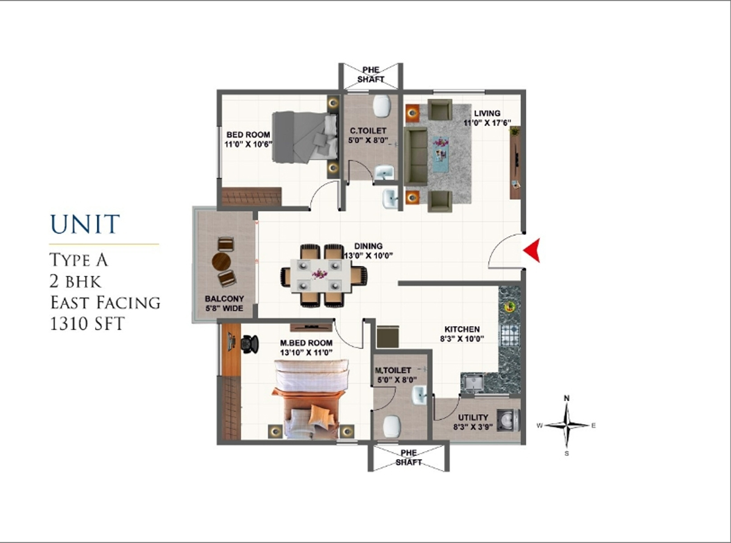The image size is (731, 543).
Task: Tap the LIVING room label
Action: tap(487, 113)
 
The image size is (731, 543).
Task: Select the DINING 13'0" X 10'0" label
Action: tap(369, 251)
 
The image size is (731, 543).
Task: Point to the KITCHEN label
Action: tap(462, 329)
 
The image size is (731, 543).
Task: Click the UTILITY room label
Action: tap(473, 417)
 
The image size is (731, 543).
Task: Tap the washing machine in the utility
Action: tap(508, 420)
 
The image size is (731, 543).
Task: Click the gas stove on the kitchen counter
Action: tap(510, 334)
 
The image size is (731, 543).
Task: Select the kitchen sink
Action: tap(473, 384)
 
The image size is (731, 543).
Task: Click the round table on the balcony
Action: tap(222, 262)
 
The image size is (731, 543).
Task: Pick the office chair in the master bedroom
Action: tap(250, 344)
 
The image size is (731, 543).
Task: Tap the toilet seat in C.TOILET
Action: tap(382, 106)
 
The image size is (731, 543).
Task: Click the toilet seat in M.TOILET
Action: tap(392, 427)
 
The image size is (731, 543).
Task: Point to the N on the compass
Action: tap(567, 398)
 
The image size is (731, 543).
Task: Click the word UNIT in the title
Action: tap(85, 225)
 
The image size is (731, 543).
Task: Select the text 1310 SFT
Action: tap(87, 323)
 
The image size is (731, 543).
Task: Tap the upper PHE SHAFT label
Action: tap(371, 74)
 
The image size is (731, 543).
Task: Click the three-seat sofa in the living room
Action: tap(416, 156)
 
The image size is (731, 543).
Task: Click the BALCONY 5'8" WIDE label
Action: tap(224, 304)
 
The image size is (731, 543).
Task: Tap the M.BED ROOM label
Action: tap(306, 343)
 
